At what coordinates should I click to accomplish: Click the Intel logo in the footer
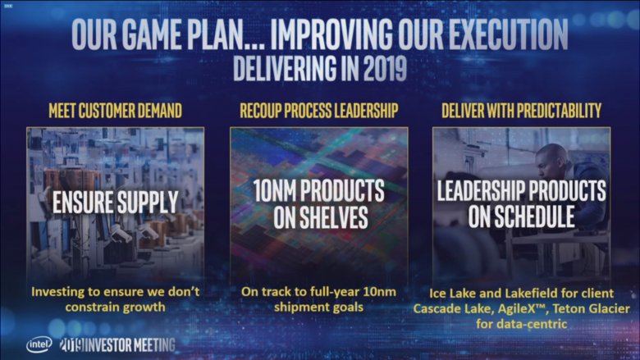pyautogui.click(x=39, y=344)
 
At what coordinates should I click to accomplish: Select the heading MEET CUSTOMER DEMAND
pyautogui.click(x=115, y=111)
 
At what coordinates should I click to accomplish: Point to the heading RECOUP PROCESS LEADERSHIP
pyautogui.click(x=319, y=111)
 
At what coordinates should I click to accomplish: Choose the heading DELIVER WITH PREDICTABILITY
pyautogui.click(x=521, y=111)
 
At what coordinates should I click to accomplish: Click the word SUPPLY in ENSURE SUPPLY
pyautogui.click(x=148, y=202)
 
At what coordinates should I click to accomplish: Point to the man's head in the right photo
pyautogui.click(x=552, y=162)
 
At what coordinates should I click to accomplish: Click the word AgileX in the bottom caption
pyautogui.click(x=516, y=308)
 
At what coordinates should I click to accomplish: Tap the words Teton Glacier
pyautogui.click(x=591, y=308)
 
